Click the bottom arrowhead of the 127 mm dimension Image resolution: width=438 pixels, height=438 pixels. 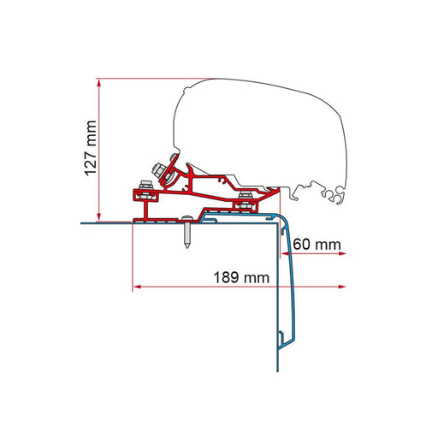click(x=101, y=216)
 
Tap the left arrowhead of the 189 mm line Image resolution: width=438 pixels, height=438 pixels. click(x=137, y=287)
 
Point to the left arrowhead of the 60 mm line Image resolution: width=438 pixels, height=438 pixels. click(x=286, y=254)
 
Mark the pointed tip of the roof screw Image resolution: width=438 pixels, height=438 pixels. click(x=186, y=250)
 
